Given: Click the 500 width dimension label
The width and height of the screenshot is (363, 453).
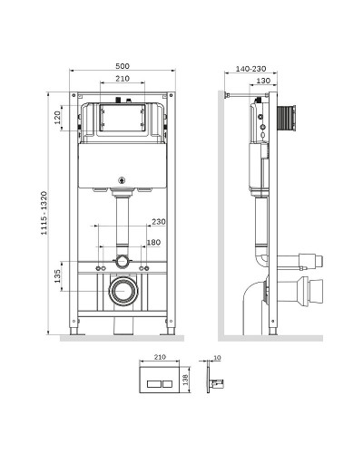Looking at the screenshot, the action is click(x=123, y=66).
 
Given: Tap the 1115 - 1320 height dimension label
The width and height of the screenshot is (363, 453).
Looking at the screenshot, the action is click(x=44, y=213).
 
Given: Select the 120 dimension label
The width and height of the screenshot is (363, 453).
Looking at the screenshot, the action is click(x=57, y=118).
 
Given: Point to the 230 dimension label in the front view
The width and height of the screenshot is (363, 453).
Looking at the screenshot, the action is click(x=159, y=222).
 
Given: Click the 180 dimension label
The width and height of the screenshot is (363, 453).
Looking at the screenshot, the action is click(x=153, y=242).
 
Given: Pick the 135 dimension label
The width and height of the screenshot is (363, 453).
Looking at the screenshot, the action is click(x=57, y=276).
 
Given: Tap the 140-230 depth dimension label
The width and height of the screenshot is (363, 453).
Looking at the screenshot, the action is click(x=250, y=69).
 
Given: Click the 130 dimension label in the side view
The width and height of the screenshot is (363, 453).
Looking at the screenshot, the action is click(x=263, y=81).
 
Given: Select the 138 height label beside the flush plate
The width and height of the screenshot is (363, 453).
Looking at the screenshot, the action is click(x=185, y=380).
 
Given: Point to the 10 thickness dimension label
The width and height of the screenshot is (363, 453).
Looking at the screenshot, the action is click(x=217, y=358).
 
